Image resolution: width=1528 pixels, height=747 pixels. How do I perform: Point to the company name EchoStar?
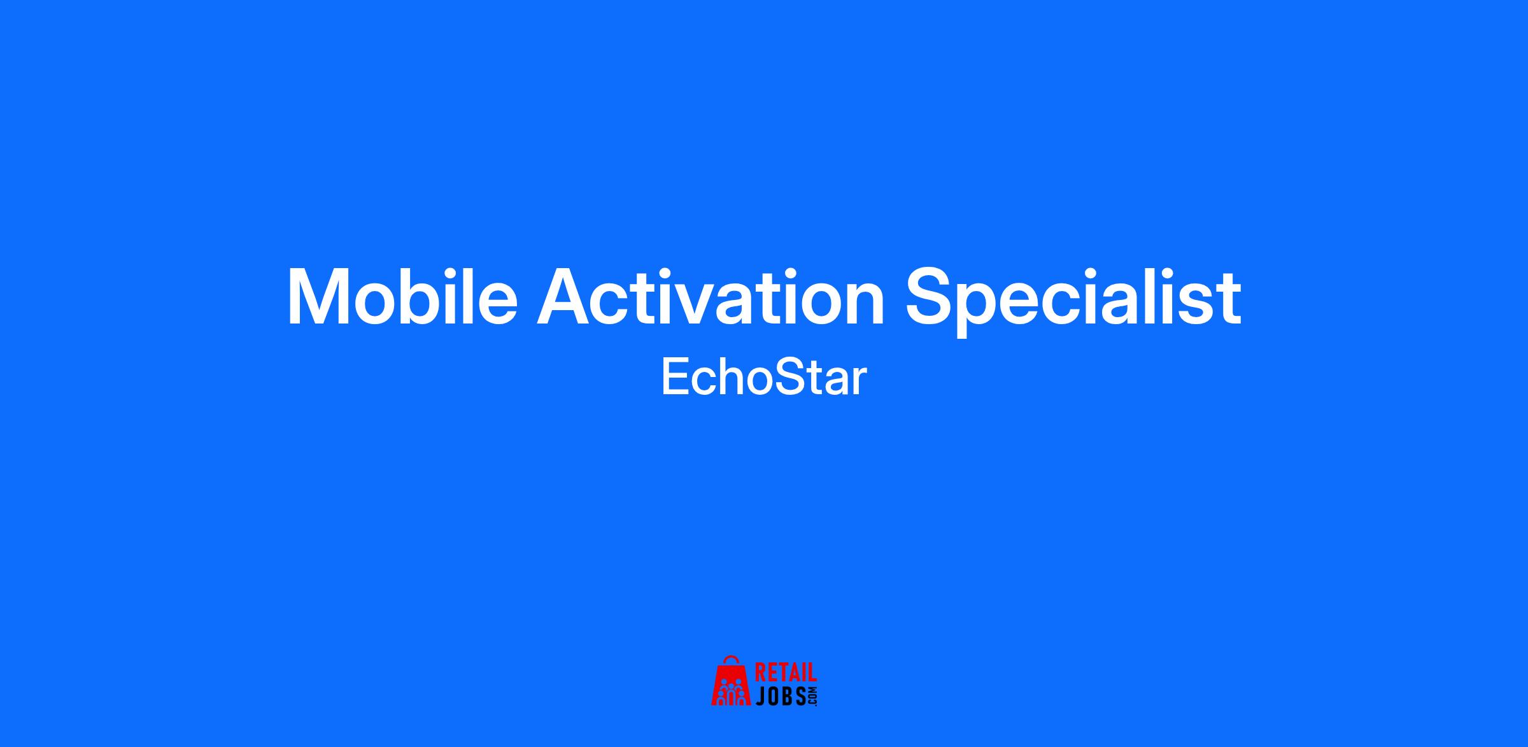click(764, 378)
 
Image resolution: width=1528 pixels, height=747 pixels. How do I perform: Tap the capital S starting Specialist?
click(930, 297)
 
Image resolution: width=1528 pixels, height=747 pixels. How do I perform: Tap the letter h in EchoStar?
click(729, 377)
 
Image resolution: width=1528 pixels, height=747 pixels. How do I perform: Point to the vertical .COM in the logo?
click(812, 696)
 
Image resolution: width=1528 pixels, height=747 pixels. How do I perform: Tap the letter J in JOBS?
click(761, 695)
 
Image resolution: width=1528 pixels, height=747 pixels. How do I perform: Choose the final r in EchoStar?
click(859, 382)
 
